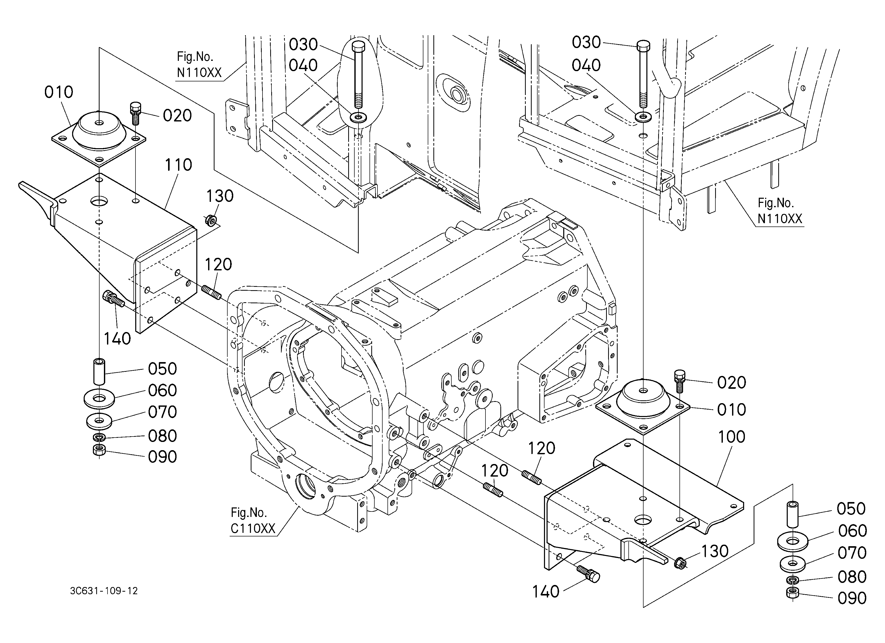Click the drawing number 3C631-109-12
104,591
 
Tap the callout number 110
178,165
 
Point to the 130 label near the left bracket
220,196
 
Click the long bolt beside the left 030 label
357,74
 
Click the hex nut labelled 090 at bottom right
792,593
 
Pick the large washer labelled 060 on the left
99,399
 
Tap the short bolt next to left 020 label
135,114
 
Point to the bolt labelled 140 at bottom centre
588,574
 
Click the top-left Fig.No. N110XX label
199,64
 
